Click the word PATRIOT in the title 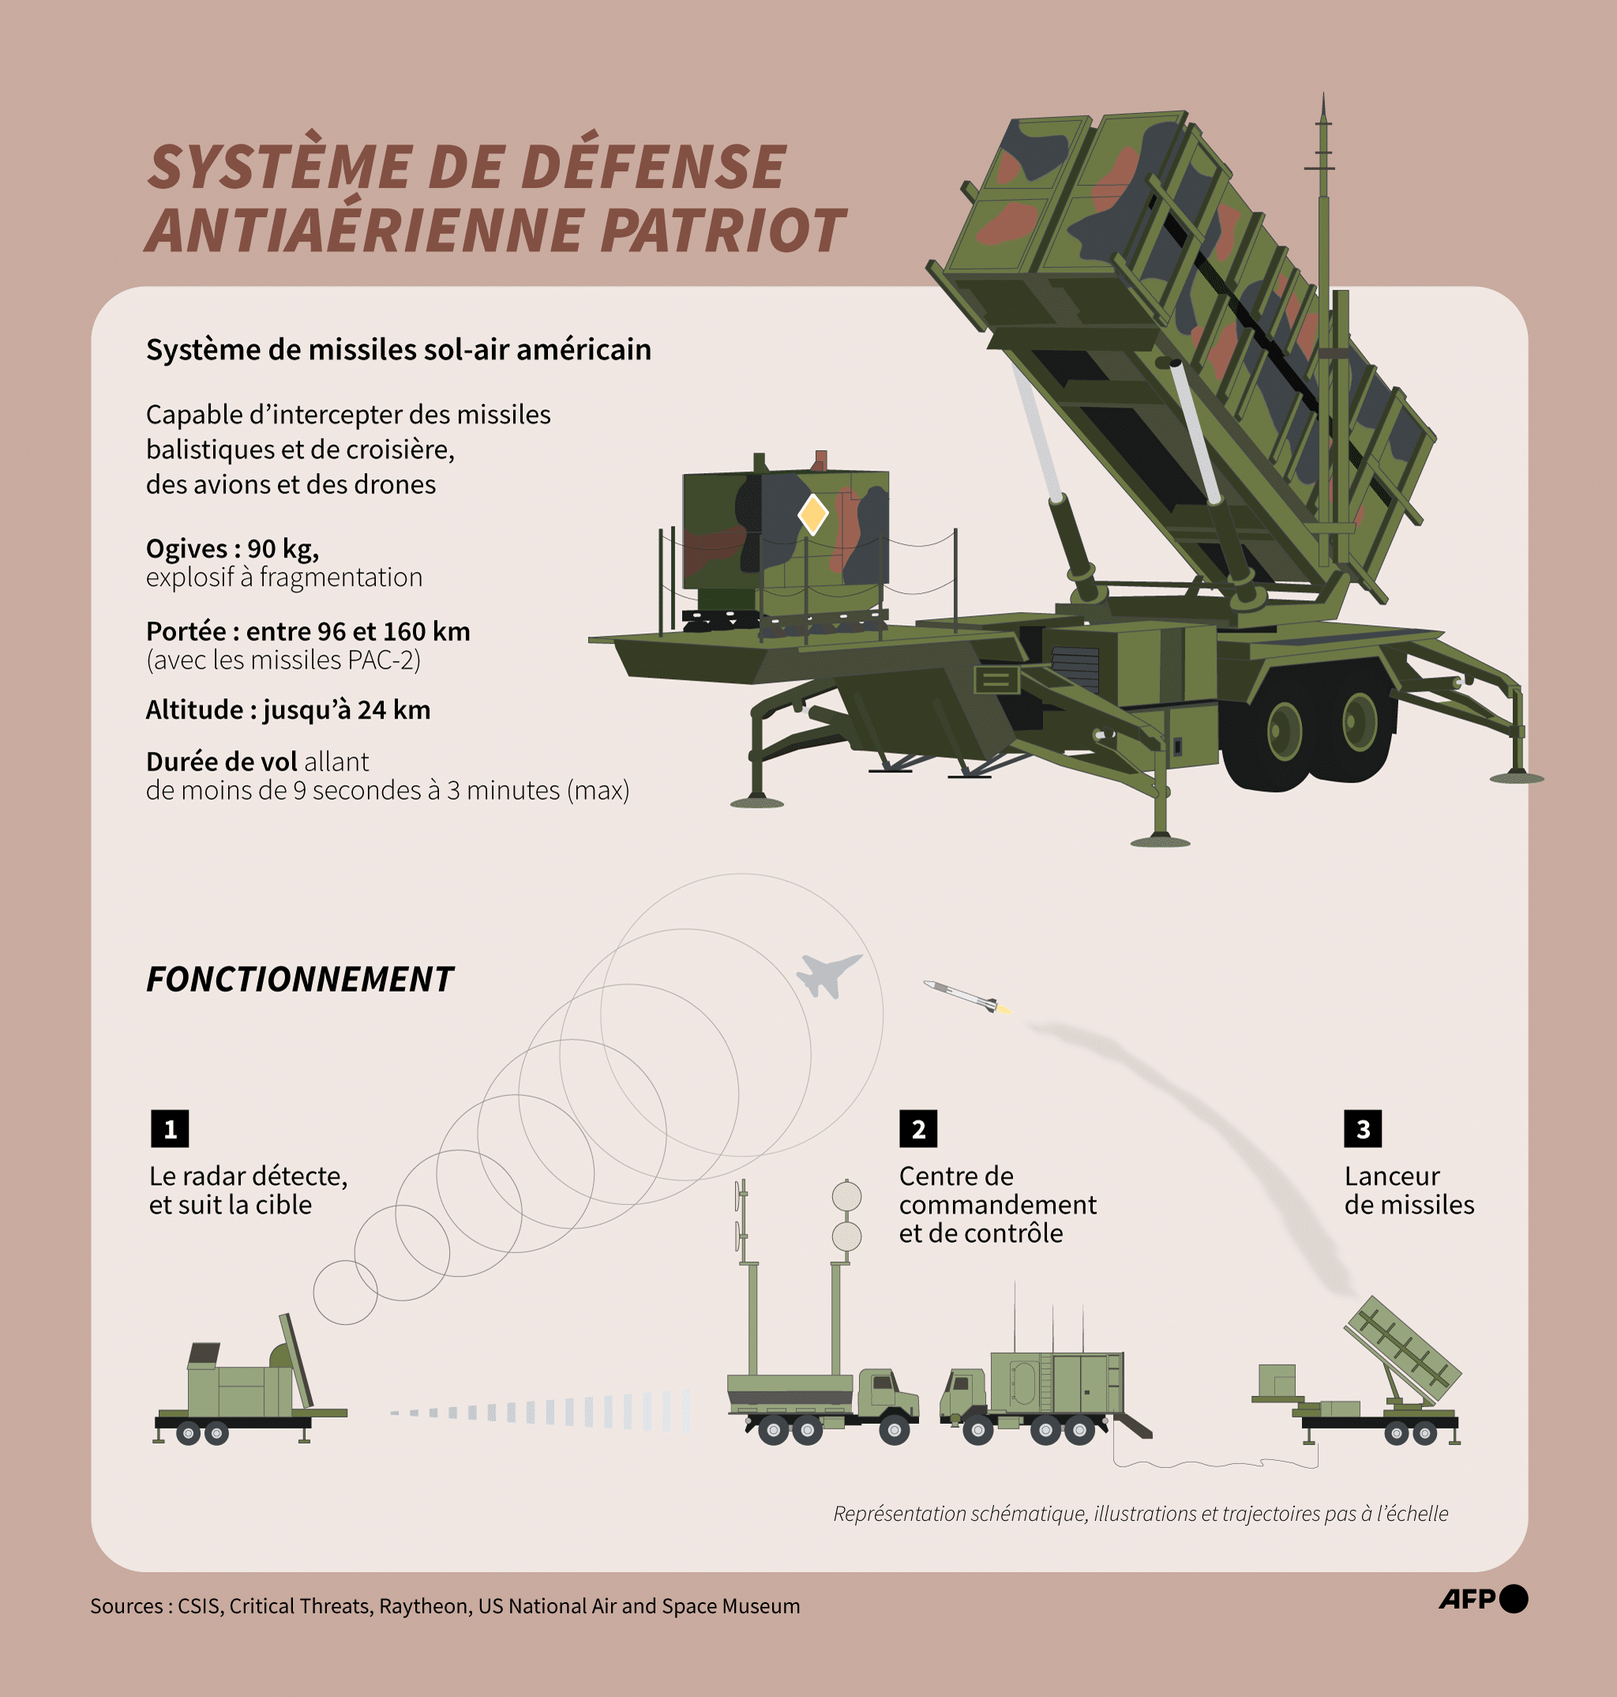coord(722,230)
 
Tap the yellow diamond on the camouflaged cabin coord(812,515)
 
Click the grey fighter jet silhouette coord(827,974)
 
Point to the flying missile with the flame coord(966,997)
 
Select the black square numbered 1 coord(170,1129)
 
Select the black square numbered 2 coord(918,1129)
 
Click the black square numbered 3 coord(1363,1129)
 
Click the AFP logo coord(1483,1599)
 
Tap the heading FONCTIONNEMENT coord(299,980)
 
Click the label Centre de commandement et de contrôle coord(996,1204)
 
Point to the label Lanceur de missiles coord(1409,1190)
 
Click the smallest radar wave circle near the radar coord(345,1292)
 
